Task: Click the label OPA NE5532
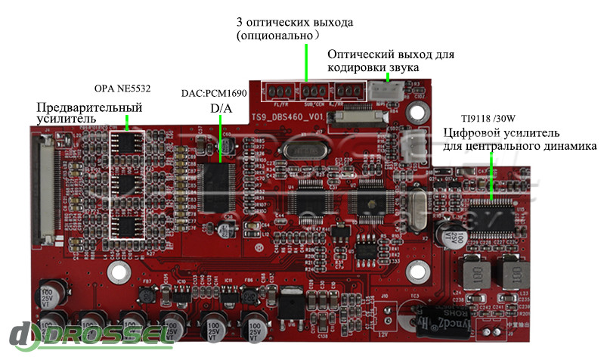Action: [122, 88]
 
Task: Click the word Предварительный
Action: [89, 107]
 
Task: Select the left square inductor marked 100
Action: [475, 272]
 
